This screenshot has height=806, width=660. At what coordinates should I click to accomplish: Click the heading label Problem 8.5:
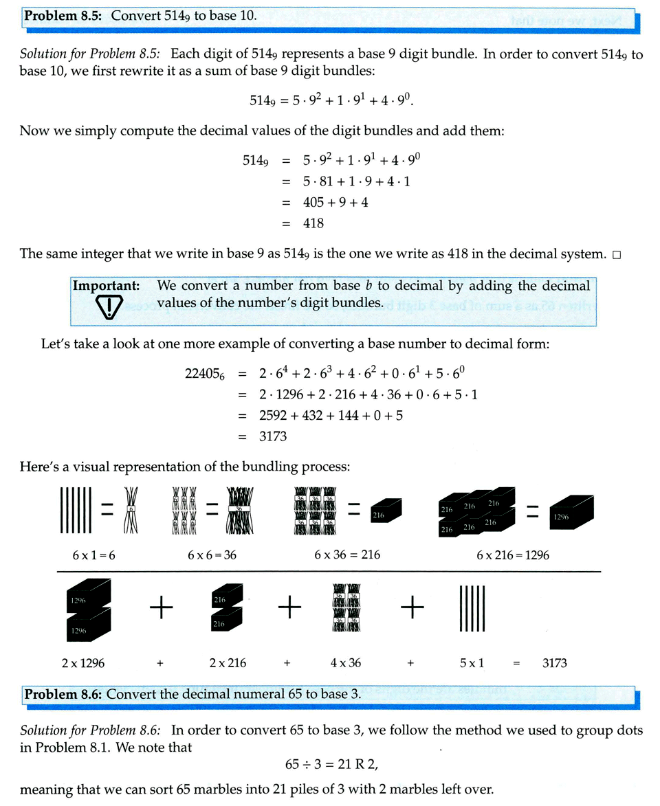[64, 14]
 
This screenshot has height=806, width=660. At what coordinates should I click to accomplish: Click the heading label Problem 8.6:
[64, 694]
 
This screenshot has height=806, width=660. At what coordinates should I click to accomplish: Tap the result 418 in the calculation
[313, 223]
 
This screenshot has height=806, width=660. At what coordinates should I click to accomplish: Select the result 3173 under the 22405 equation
[273, 436]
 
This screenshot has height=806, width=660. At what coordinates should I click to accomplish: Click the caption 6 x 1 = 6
[93, 555]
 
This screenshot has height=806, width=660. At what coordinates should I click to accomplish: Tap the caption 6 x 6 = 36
[212, 555]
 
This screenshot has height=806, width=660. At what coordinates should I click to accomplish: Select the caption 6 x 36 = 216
[347, 555]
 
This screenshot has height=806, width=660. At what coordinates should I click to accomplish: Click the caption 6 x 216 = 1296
[512, 555]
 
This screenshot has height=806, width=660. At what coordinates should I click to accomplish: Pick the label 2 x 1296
[83, 663]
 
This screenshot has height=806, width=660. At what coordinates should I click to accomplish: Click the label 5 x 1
[472, 663]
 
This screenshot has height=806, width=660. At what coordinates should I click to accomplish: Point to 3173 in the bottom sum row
[554, 663]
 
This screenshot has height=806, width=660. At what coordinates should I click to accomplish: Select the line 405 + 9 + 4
[335, 203]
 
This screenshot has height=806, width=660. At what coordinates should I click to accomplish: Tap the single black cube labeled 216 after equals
[386, 511]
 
